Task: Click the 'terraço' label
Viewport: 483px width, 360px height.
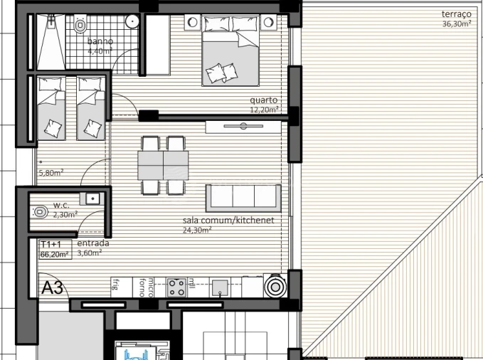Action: pyautogui.click(x=457, y=14)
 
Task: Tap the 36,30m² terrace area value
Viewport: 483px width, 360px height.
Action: pyautogui.click(x=456, y=23)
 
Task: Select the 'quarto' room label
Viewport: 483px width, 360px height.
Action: pyautogui.click(x=263, y=101)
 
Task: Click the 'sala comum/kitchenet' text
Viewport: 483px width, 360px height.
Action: pyautogui.click(x=228, y=221)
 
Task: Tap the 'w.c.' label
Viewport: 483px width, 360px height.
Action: pyautogui.click(x=60, y=206)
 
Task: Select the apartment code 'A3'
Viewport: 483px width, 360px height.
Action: pyautogui.click(x=53, y=288)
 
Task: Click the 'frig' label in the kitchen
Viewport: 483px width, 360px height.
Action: pyautogui.click(x=115, y=285)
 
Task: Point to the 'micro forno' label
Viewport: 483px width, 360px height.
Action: pyautogui.click(x=147, y=285)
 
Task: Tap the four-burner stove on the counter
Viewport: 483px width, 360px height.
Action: pyautogui.click(x=176, y=287)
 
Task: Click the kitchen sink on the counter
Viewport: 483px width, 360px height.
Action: pyautogui.click(x=221, y=287)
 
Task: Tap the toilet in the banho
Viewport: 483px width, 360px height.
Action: pyautogui.click(x=80, y=26)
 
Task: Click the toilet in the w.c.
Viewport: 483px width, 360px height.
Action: pyautogui.click(x=41, y=212)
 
